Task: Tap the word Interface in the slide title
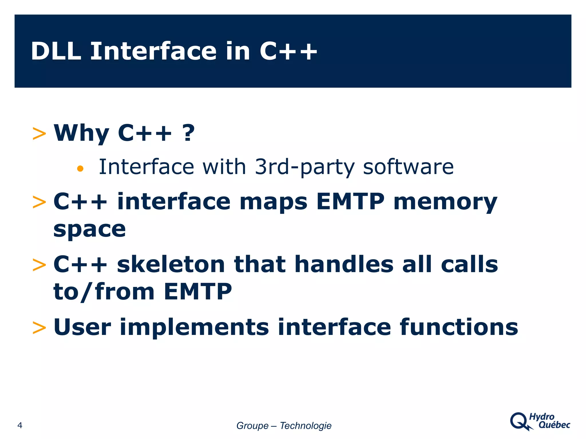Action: tap(153, 51)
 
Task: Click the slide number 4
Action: tap(20, 425)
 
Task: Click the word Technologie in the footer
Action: tap(306, 426)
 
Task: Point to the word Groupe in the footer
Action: tap(252, 426)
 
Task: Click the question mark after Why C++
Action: tap(188, 133)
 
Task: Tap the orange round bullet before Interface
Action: tap(80, 169)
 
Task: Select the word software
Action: tap(408, 167)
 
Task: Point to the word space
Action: tap(90, 230)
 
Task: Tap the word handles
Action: tap(344, 264)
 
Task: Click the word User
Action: tap(82, 327)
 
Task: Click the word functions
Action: tap(459, 327)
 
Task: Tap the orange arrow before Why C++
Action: tap(39, 134)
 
